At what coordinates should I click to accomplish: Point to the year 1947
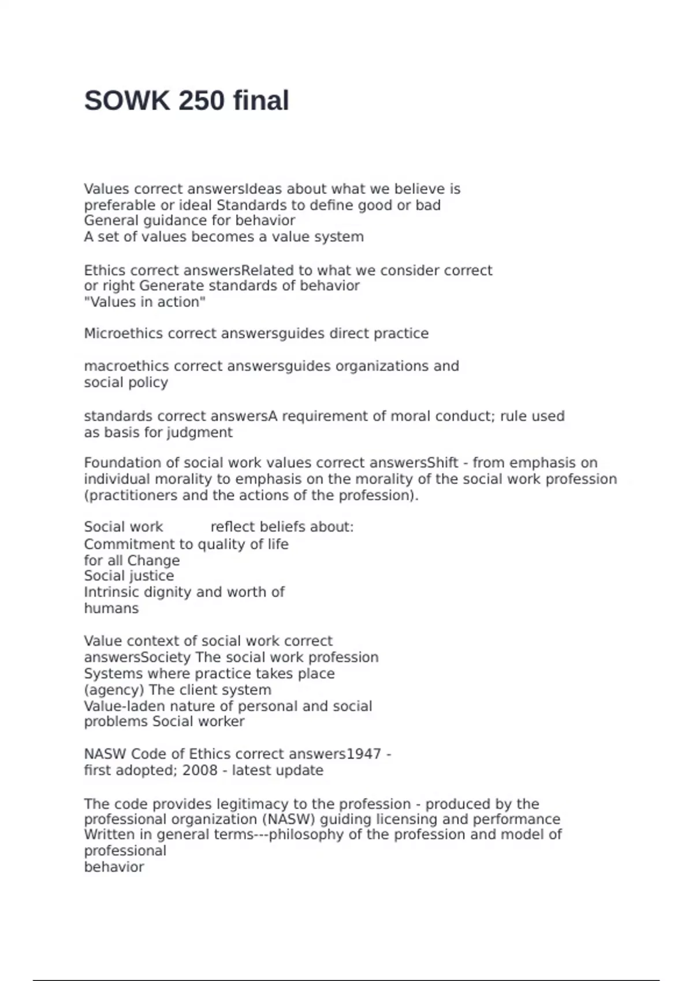364,754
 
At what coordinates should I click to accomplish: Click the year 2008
200,770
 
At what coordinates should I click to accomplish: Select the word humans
111,608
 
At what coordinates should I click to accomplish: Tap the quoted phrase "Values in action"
145,302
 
